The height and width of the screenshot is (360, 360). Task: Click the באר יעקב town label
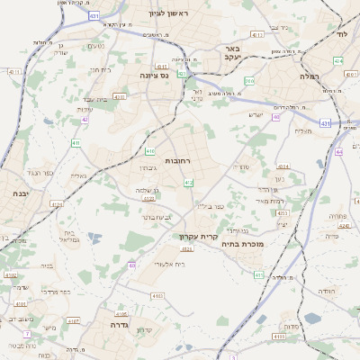(232, 52)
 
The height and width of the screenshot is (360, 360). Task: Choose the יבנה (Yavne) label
(20, 193)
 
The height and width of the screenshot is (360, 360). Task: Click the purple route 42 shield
(85, 119)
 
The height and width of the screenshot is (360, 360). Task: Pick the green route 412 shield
(188, 183)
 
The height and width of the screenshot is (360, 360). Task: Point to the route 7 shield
(27, 333)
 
